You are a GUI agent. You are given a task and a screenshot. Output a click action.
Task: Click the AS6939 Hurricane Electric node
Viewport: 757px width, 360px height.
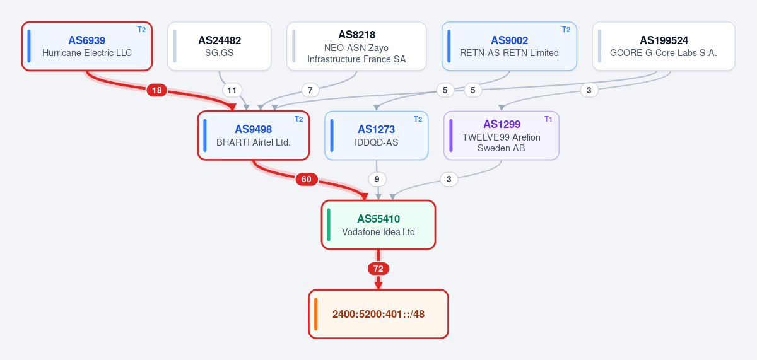[x=87, y=46]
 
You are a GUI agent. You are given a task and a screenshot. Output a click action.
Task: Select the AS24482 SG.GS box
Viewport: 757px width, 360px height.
[x=220, y=46]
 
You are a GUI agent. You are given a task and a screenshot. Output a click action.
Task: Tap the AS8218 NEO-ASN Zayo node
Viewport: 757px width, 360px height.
[x=356, y=46]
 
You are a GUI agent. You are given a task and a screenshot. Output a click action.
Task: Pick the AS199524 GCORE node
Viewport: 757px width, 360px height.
[x=664, y=46]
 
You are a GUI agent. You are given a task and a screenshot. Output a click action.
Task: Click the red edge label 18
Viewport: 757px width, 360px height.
[x=157, y=90]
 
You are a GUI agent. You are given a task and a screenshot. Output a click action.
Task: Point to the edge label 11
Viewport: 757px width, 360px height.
[x=232, y=90]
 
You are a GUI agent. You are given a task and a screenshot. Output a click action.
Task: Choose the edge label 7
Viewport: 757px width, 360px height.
[x=310, y=90]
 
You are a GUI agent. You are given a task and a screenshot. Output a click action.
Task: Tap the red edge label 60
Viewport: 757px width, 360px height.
[x=307, y=179]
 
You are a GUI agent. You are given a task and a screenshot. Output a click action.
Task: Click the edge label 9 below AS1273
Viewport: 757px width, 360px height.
[x=377, y=179]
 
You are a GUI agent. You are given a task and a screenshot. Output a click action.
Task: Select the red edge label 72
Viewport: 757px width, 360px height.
[x=378, y=269]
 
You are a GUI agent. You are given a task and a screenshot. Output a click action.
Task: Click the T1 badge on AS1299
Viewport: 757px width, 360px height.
[x=548, y=119]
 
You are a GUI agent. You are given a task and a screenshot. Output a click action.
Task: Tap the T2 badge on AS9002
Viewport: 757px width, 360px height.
[x=566, y=30]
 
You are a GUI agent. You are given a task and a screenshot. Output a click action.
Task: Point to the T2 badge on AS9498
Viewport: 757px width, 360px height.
[x=298, y=119]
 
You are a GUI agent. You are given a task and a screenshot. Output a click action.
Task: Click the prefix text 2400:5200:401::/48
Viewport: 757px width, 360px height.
[x=378, y=314]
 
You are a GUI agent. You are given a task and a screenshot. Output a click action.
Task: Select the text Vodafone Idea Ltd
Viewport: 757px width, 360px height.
[x=378, y=232]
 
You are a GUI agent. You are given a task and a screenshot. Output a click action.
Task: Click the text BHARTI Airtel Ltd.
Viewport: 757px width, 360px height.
[x=254, y=142]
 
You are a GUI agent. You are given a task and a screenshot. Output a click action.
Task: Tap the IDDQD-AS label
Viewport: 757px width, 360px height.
[x=376, y=142]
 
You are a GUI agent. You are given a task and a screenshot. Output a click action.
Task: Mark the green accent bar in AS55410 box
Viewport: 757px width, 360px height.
[x=329, y=225]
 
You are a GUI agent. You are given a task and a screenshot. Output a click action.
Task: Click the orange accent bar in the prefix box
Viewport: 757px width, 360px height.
[x=315, y=314]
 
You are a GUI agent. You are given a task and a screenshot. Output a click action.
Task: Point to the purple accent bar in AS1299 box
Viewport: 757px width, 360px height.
[x=451, y=136]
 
